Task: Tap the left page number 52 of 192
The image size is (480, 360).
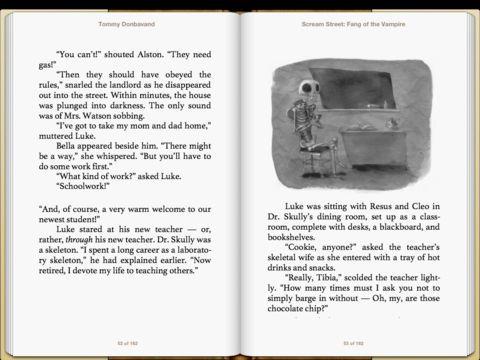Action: pyautogui.click(x=124, y=343)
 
